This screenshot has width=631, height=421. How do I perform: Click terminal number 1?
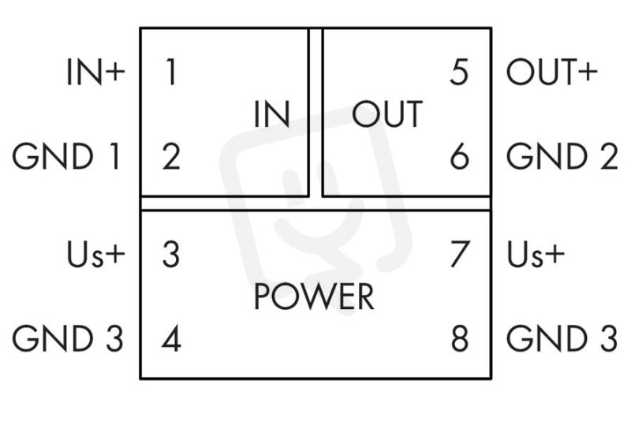pyautogui.click(x=171, y=72)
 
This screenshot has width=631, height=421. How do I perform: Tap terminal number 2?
pyautogui.click(x=171, y=156)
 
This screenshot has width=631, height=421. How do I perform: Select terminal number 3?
pyautogui.click(x=171, y=254)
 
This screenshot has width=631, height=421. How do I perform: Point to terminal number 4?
pyautogui.click(x=171, y=338)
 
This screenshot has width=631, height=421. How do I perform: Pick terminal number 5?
pyautogui.click(x=459, y=72)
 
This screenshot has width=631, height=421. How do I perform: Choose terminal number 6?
pyautogui.click(x=459, y=156)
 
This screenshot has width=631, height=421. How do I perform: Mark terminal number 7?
pyautogui.click(x=460, y=254)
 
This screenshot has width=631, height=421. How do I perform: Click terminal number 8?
pyautogui.click(x=460, y=338)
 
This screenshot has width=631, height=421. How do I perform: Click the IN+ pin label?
pyautogui.click(x=95, y=72)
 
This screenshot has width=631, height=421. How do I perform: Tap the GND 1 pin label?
pyautogui.click(x=67, y=156)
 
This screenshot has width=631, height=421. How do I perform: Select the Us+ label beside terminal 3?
pyautogui.click(x=95, y=254)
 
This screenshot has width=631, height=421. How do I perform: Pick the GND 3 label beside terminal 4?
pyautogui.click(x=68, y=338)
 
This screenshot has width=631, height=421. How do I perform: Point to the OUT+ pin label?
pyautogui.click(x=551, y=72)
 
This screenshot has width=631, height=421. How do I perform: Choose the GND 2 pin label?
pyautogui.click(x=562, y=156)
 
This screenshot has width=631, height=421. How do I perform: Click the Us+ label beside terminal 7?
pyautogui.click(x=536, y=254)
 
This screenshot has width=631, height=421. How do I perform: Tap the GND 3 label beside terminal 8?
pyautogui.click(x=562, y=338)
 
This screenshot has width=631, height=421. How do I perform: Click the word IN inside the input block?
pyautogui.click(x=272, y=114)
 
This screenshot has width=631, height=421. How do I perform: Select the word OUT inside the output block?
pyautogui.click(x=387, y=114)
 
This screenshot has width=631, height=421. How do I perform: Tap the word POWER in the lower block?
pyautogui.click(x=314, y=296)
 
